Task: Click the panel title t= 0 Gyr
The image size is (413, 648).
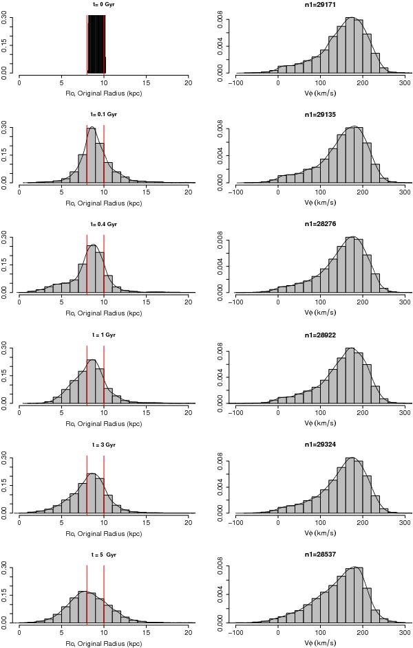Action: [x=105, y=3]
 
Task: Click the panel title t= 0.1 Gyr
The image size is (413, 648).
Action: [x=105, y=113]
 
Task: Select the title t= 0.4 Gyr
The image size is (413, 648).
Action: [x=105, y=224]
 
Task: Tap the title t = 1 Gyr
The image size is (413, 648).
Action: [x=105, y=334]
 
